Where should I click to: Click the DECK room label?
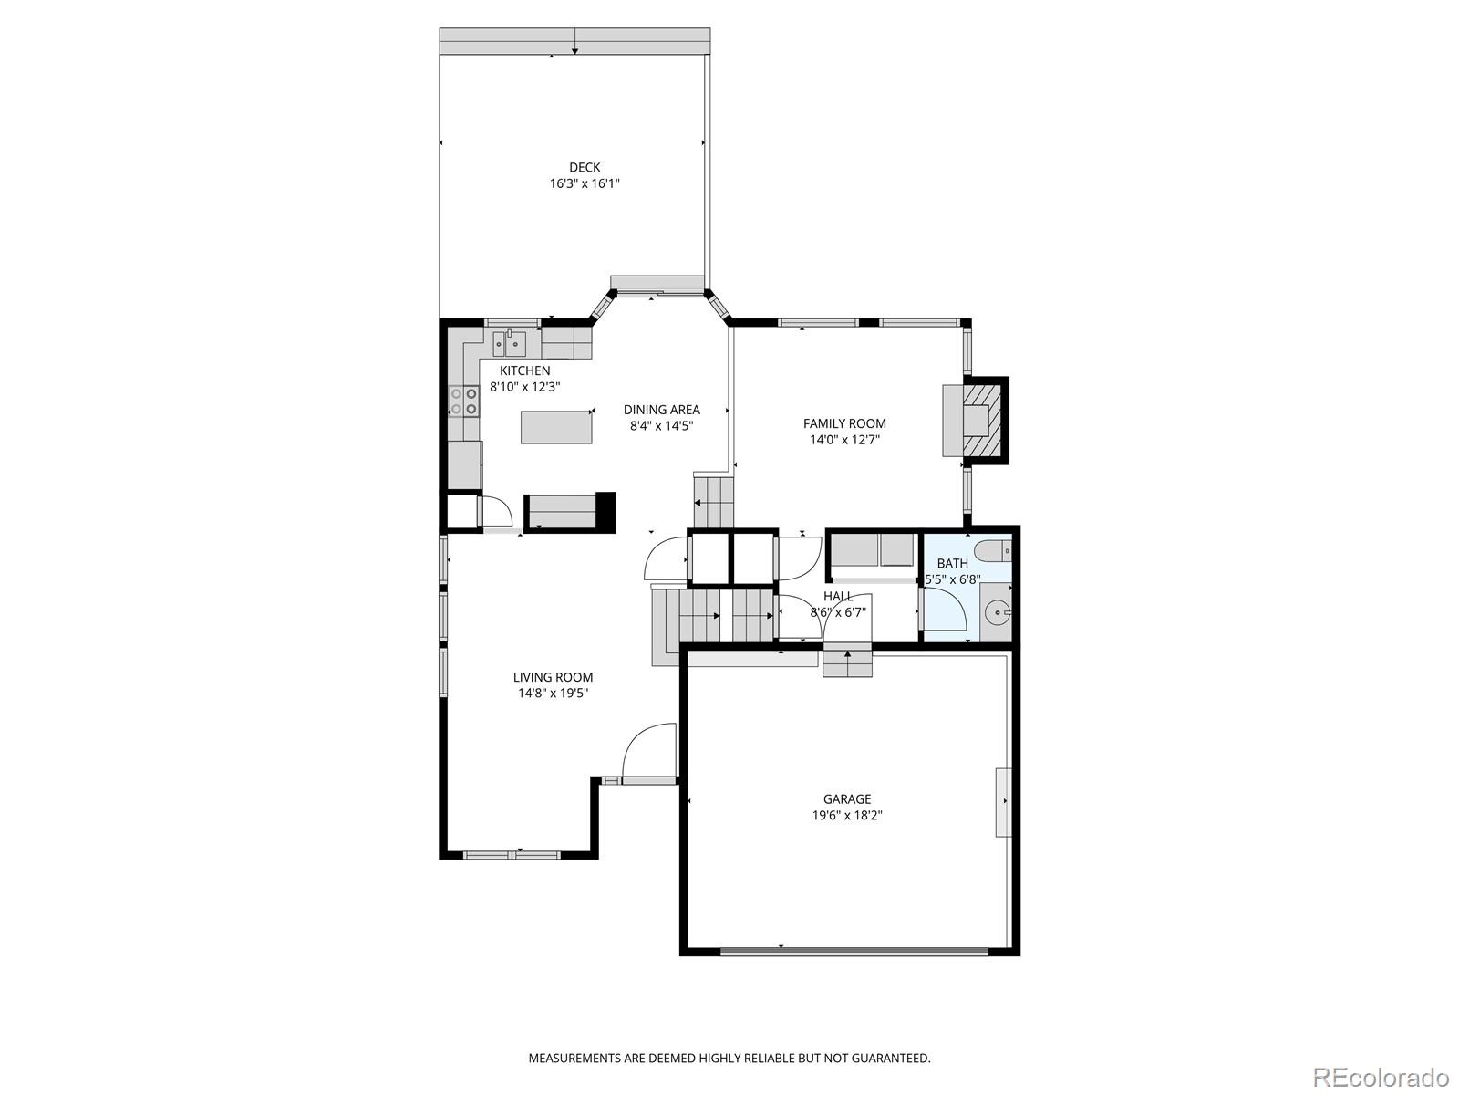tap(585, 168)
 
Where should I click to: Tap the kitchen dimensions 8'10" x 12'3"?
tap(525, 387)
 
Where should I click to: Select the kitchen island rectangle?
tap(556, 427)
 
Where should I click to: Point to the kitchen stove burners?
tap(464, 401)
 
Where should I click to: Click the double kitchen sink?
tap(509, 344)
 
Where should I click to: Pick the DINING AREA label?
tap(661, 411)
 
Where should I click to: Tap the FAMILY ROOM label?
tap(844, 423)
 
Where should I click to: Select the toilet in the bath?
tap(993, 551)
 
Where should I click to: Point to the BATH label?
tap(953, 564)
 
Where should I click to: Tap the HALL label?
tap(838, 597)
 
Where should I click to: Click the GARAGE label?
tap(847, 799)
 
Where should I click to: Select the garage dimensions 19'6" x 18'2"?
tap(847, 815)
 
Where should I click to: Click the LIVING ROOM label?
tap(553, 677)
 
